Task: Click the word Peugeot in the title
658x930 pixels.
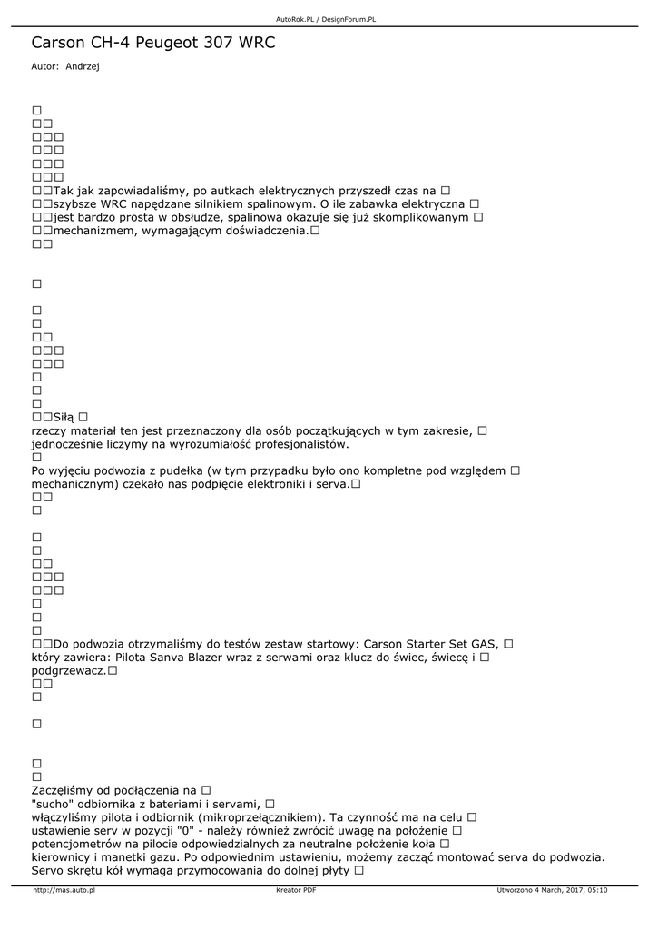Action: [x=172, y=43]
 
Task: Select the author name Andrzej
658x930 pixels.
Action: [x=83, y=66]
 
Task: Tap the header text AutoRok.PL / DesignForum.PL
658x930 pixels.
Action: [x=326, y=19]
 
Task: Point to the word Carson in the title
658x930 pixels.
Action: [x=57, y=43]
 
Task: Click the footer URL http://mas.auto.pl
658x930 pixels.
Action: [x=64, y=890]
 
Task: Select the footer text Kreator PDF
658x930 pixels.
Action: [x=296, y=890]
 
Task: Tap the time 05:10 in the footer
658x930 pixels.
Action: [x=597, y=890]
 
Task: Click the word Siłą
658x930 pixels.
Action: [x=64, y=417]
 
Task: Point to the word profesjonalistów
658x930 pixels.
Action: [x=287, y=444]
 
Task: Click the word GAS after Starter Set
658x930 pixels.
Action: [x=485, y=644]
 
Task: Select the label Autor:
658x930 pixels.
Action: [x=45, y=66]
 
